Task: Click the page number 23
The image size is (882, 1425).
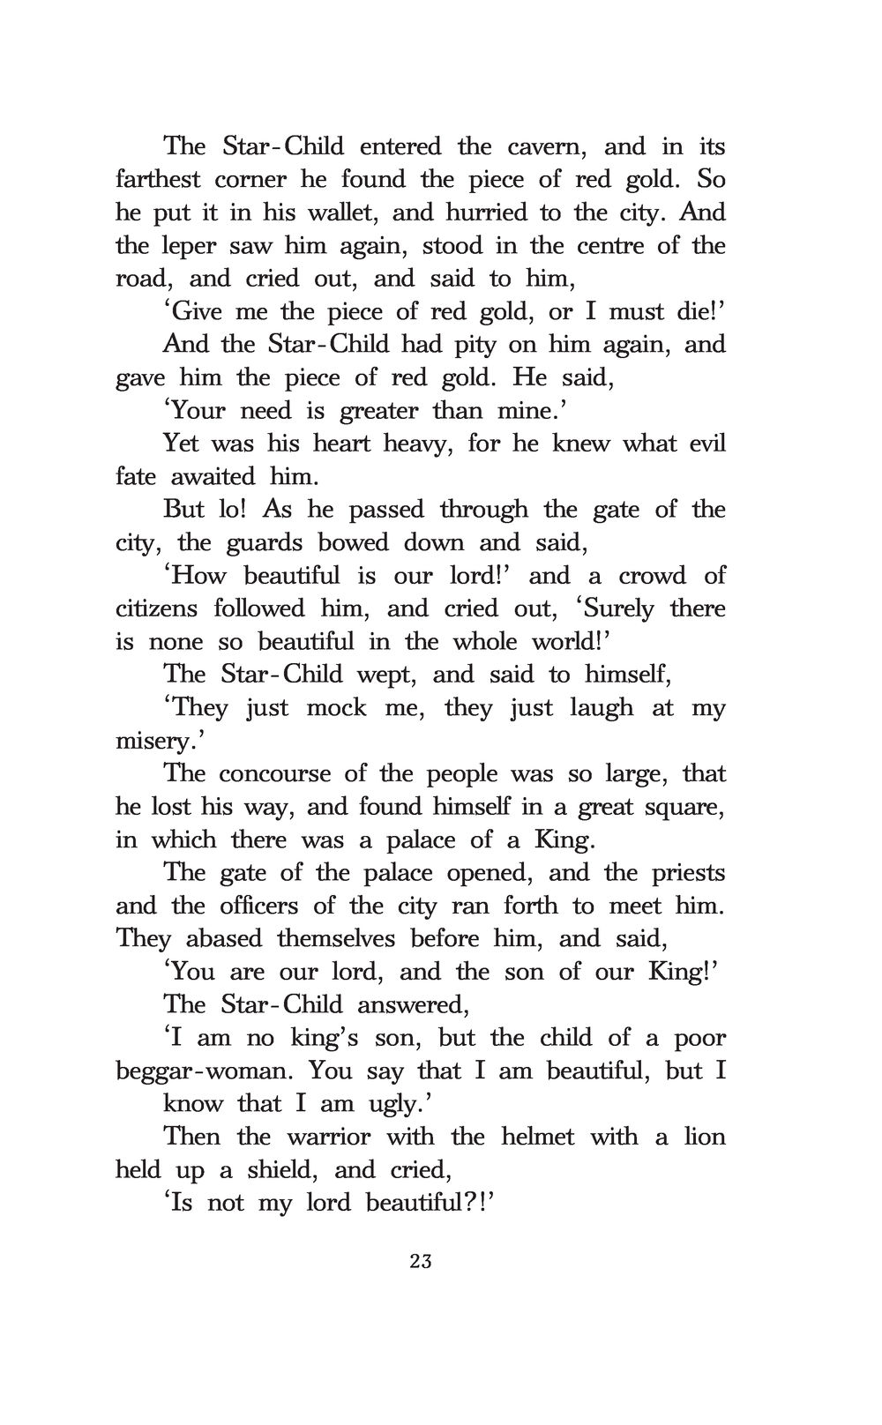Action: [x=421, y=1261]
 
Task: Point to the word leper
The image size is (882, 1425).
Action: [x=191, y=245]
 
